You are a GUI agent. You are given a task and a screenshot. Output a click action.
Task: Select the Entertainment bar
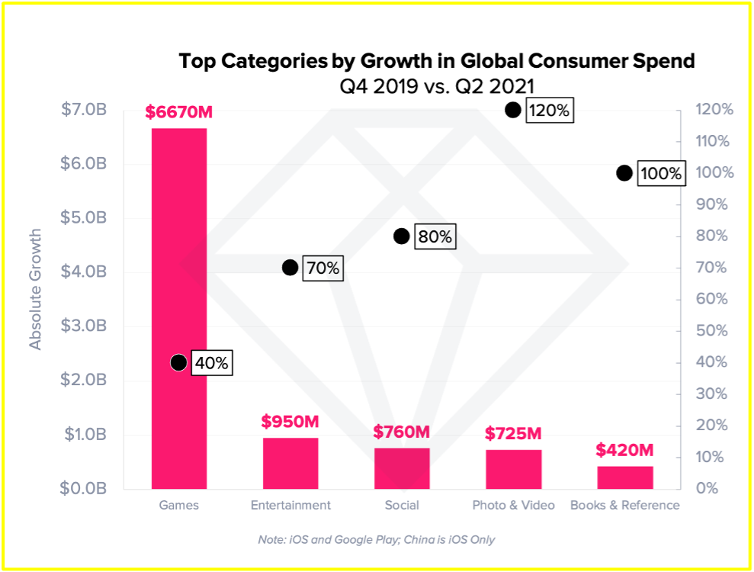tap(290, 463)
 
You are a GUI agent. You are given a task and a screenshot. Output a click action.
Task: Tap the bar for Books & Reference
tap(625, 477)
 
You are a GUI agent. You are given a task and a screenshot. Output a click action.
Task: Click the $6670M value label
tap(179, 113)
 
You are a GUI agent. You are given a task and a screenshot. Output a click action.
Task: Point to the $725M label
tap(513, 434)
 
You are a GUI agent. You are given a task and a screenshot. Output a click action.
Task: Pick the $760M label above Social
tap(402, 432)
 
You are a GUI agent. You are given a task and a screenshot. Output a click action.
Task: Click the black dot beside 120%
tap(513, 110)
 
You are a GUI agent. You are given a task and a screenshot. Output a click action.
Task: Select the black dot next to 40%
tap(178, 362)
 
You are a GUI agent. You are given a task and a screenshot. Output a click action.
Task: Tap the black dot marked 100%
tap(624, 173)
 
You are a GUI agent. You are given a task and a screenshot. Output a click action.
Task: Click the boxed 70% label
tap(322, 268)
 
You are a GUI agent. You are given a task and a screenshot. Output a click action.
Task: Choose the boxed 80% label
tap(435, 237)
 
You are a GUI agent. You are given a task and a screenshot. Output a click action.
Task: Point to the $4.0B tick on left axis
tap(83, 272)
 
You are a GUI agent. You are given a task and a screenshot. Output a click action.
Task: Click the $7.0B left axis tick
tap(83, 110)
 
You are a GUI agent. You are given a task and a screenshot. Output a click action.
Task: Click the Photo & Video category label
tap(513, 505)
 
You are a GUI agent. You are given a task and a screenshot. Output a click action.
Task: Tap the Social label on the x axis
tap(402, 505)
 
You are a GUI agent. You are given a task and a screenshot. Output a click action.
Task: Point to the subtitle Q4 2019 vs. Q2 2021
tap(436, 85)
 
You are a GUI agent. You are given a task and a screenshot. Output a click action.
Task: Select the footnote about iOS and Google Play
tap(377, 539)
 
